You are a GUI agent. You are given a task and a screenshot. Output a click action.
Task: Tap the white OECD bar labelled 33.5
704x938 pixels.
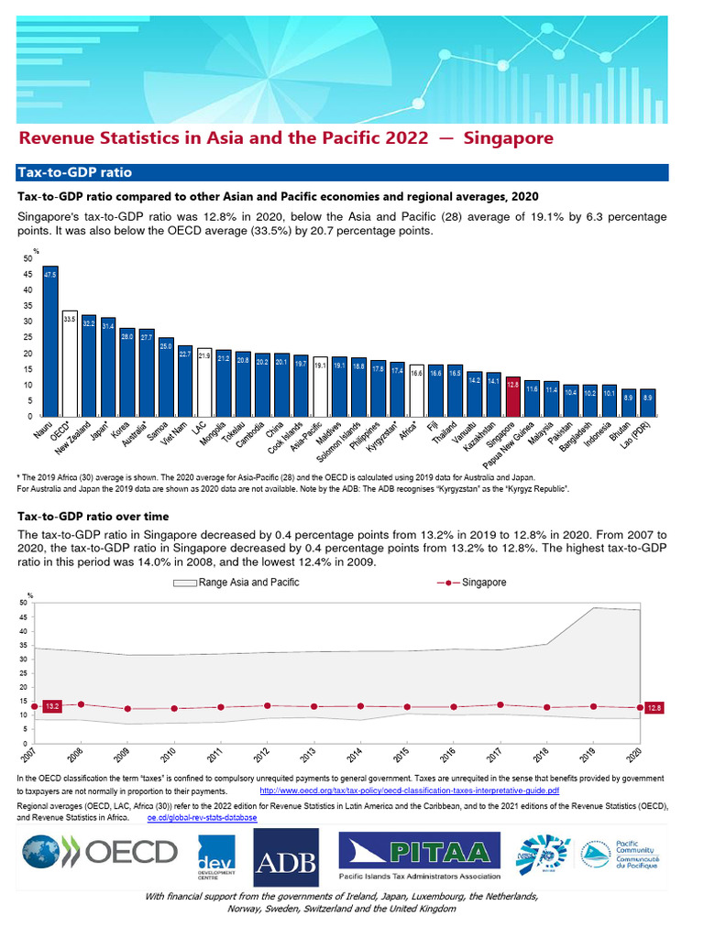[x=70, y=363]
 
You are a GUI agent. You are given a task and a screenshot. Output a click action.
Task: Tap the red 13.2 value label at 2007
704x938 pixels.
[x=52, y=706]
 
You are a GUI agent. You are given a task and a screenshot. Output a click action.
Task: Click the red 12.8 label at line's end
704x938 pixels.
[x=654, y=708]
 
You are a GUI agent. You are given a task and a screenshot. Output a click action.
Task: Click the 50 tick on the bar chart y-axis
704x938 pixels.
[x=28, y=258]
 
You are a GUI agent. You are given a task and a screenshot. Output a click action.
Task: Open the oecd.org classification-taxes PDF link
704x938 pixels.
[x=410, y=790]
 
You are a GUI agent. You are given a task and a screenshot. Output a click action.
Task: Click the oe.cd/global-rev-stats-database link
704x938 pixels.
[x=202, y=816]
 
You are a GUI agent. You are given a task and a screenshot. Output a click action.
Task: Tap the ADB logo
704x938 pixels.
[x=286, y=857]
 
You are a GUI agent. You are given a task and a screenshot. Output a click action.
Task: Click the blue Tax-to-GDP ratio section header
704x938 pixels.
[x=73, y=172]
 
